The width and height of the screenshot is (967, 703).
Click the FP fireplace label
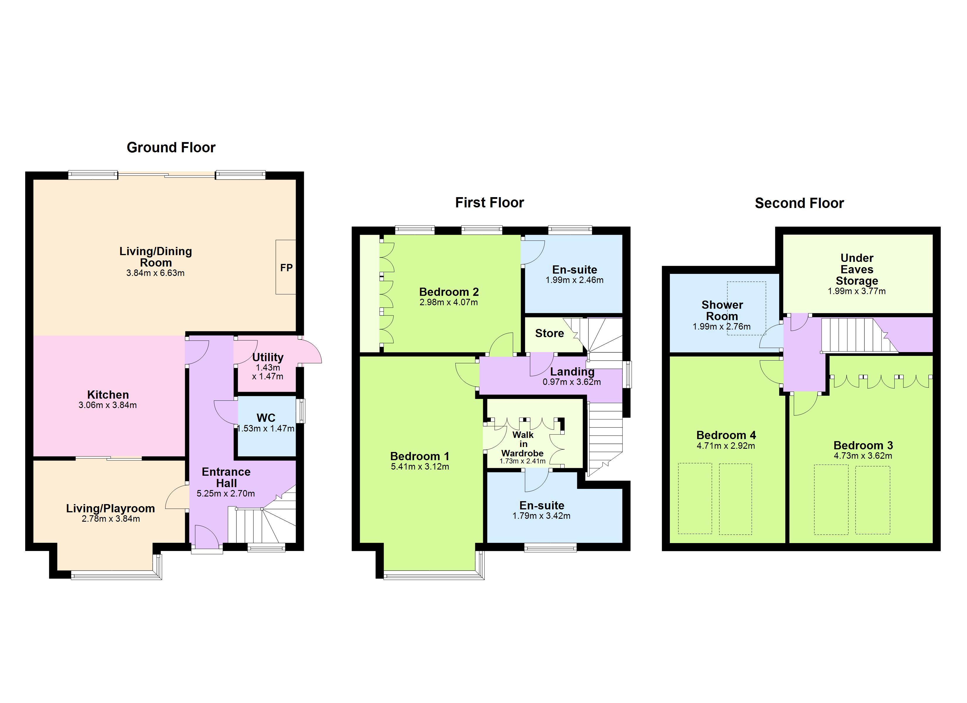286,268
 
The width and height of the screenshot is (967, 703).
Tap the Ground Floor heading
171,148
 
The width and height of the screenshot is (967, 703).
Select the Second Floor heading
799,203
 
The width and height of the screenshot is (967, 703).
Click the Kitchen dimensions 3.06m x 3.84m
108,405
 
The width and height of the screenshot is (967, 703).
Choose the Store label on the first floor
549,333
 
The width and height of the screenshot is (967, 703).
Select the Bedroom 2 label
449,292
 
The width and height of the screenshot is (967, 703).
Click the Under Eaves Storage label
857,269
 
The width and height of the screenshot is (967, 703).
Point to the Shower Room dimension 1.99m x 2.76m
721,327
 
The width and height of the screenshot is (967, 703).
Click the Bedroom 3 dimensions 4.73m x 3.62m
863,456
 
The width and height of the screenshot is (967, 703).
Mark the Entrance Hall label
226,477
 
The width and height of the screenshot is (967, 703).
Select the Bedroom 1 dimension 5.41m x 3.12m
420,467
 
